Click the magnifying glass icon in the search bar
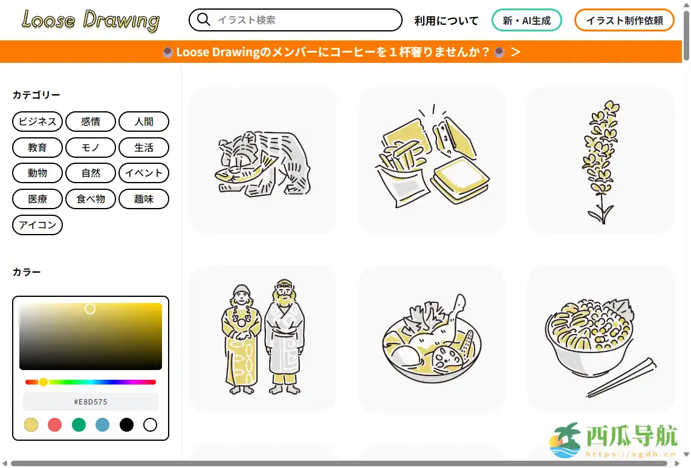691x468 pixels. (x=204, y=20)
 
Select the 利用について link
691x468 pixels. (x=446, y=21)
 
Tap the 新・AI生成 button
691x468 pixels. (x=527, y=21)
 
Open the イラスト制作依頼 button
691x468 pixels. (x=624, y=21)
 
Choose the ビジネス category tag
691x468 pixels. (x=37, y=122)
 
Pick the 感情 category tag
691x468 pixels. (x=91, y=122)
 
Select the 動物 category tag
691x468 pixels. (x=37, y=173)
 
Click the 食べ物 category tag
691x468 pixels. (x=91, y=199)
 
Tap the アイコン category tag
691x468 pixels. (x=37, y=225)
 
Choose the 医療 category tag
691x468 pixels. (x=37, y=199)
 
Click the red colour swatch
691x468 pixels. (x=55, y=425)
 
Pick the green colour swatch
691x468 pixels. (x=79, y=425)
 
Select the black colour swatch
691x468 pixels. (x=126, y=425)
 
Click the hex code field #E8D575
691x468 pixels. (x=91, y=401)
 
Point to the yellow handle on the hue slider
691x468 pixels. (x=44, y=382)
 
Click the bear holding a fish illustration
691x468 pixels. (x=263, y=162)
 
